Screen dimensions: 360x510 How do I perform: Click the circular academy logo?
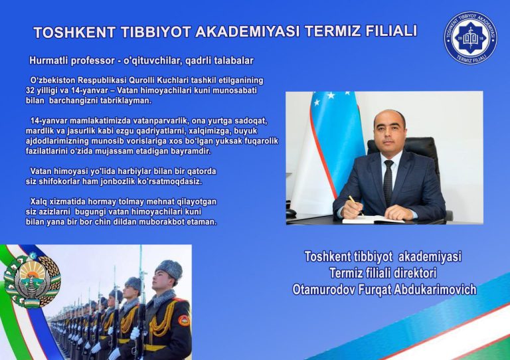coord(470,38)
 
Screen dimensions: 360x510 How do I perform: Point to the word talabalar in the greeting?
coord(232,60)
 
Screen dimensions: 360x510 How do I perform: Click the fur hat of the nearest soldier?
coord(168,269)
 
